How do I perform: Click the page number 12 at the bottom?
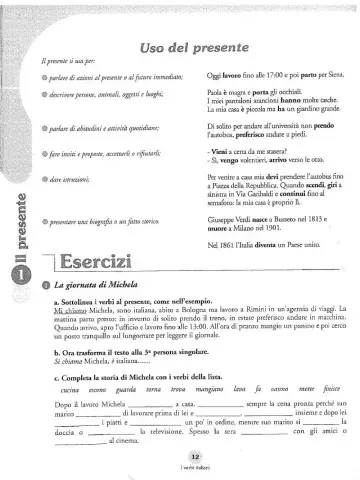(181, 456)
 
